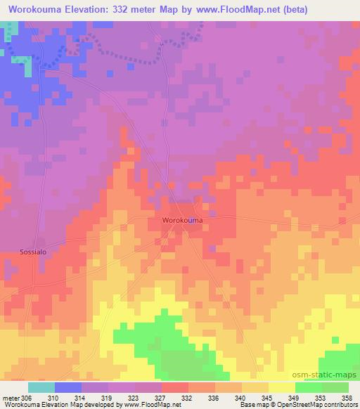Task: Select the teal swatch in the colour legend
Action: pos(41,387)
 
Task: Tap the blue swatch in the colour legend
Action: pos(68,387)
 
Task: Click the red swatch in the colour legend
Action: pos(175,387)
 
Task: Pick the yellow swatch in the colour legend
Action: pos(282,387)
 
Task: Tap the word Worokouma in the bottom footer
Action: pos(21,405)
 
